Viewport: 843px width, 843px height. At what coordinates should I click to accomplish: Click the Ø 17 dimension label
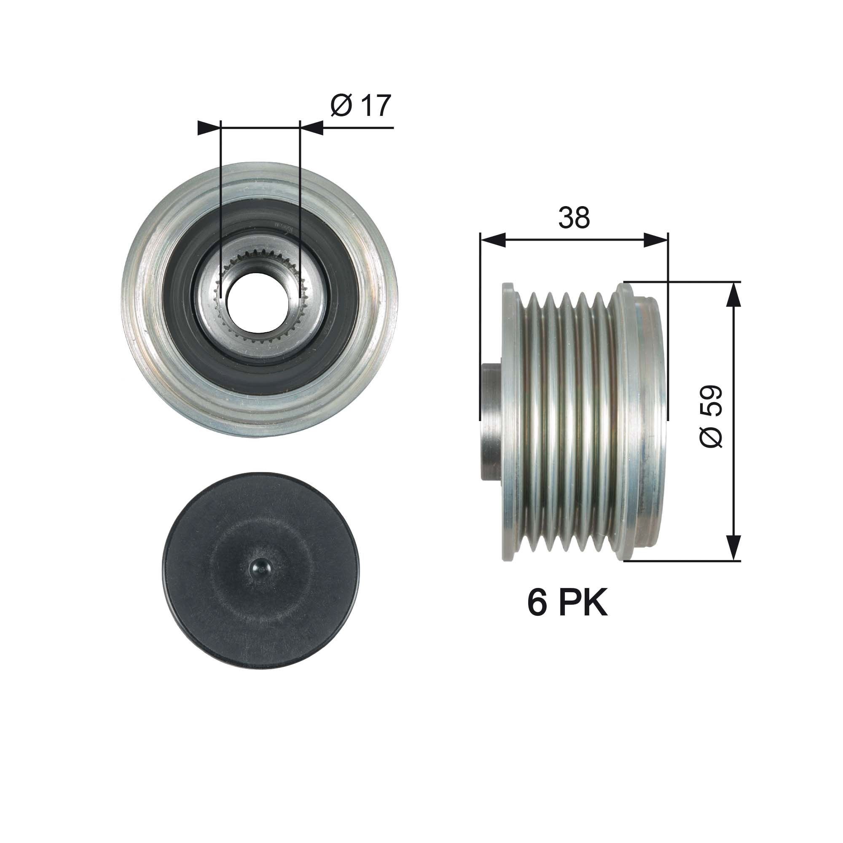pos(360,106)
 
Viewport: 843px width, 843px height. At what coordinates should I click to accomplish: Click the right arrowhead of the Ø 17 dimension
pos(312,128)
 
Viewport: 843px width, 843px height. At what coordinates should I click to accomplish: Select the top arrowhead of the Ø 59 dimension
pos(735,295)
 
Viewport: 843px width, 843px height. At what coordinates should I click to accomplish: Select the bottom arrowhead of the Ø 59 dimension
pos(735,547)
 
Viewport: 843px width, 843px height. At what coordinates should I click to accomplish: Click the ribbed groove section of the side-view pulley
pos(567,421)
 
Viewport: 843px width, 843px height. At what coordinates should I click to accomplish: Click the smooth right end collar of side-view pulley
pos(646,421)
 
